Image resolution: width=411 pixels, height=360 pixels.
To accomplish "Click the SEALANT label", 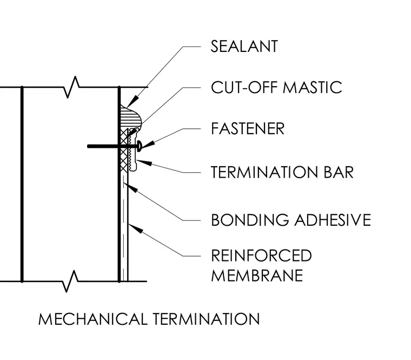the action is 244,47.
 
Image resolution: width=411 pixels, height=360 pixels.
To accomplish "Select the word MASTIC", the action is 313,87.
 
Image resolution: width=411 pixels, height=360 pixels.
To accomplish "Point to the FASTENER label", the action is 248,129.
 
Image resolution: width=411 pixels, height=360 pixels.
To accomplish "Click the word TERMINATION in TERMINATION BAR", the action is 264,172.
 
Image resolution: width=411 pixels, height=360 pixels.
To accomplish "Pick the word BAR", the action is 339,172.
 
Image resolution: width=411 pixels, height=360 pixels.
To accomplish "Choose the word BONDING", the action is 250,220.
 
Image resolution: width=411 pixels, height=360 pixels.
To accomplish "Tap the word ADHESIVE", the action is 333,220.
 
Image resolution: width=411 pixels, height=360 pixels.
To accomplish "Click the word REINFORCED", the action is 261,256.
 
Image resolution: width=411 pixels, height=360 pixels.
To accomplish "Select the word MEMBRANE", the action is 257,276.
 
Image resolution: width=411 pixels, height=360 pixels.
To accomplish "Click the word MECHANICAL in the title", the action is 93,319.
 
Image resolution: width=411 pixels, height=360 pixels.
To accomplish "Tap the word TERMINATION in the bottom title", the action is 206,319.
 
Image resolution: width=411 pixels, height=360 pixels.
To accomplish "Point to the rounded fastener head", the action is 140,146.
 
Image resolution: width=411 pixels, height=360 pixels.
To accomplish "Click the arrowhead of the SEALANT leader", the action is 132,102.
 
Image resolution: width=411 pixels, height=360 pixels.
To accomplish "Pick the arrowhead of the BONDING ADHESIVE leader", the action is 130,187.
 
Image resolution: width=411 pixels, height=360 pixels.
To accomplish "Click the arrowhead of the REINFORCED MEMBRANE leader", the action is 136,228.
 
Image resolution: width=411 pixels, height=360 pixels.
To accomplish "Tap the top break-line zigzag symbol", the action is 71,87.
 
